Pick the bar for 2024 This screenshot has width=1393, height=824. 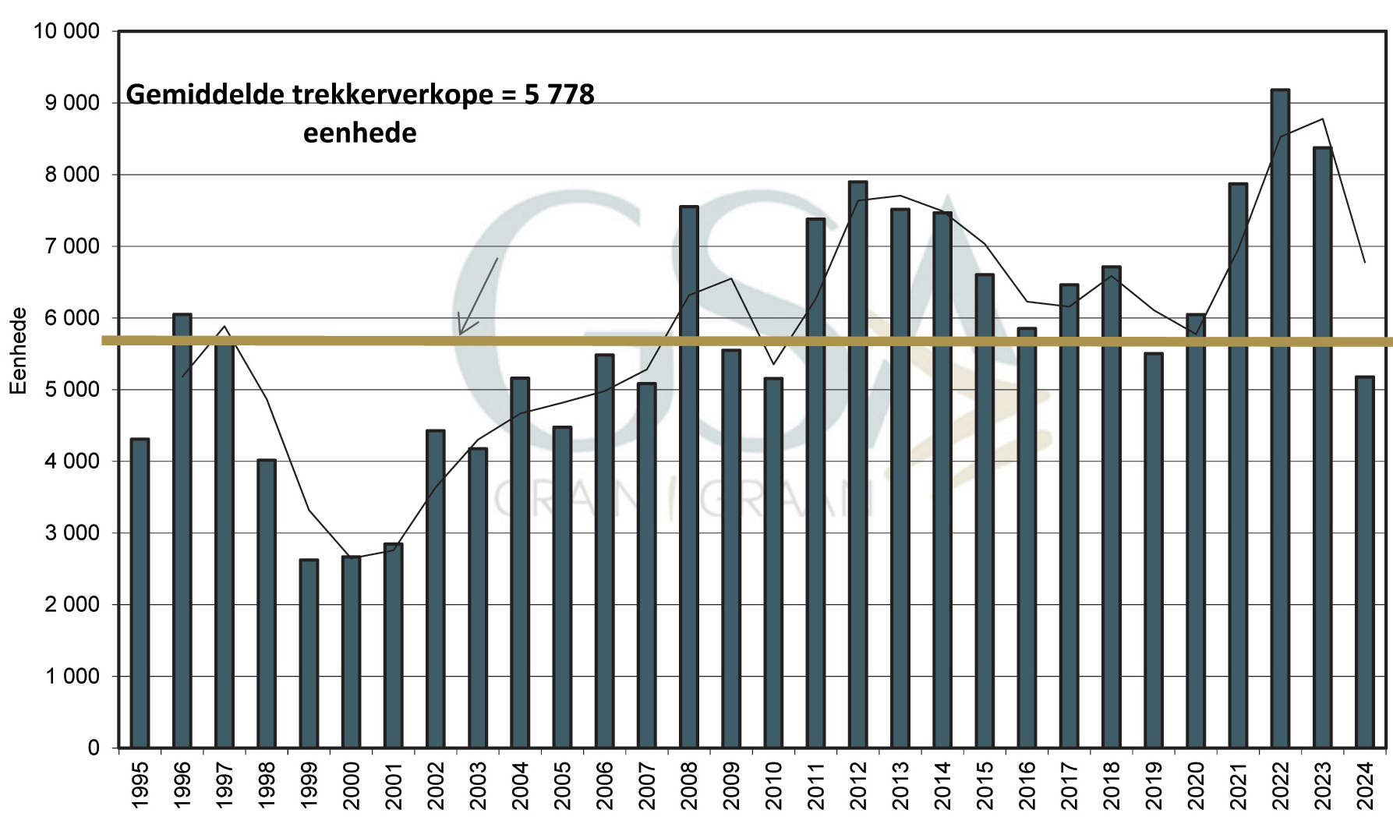[1364, 562]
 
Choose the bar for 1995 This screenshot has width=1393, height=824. [140, 593]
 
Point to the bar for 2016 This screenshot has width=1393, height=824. [1027, 538]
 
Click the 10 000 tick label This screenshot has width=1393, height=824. [66, 31]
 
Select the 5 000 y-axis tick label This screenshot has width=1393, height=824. [72, 390]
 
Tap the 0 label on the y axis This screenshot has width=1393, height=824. [94, 748]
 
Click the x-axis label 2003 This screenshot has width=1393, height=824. [478, 785]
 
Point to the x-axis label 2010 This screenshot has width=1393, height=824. [773, 785]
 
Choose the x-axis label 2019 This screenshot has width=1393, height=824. [1154, 785]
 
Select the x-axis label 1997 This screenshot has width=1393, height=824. [225, 785]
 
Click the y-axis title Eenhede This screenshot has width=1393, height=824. [18, 351]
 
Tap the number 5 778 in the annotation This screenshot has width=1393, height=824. [559, 95]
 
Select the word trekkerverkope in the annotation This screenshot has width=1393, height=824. [393, 95]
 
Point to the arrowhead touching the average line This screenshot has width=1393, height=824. [461, 333]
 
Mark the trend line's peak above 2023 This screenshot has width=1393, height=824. [1323, 119]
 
